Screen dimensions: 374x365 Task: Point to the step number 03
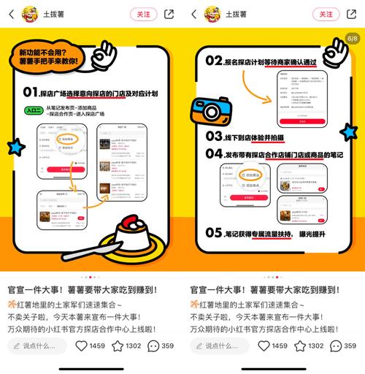click(x=215, y=137)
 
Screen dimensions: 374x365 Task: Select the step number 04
click(x=215, y=154)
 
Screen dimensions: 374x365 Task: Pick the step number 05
click(x=215, y=233)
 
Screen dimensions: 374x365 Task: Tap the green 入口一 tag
click(x=33, y=111)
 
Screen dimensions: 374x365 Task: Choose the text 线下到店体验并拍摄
click(x=258, y=137)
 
